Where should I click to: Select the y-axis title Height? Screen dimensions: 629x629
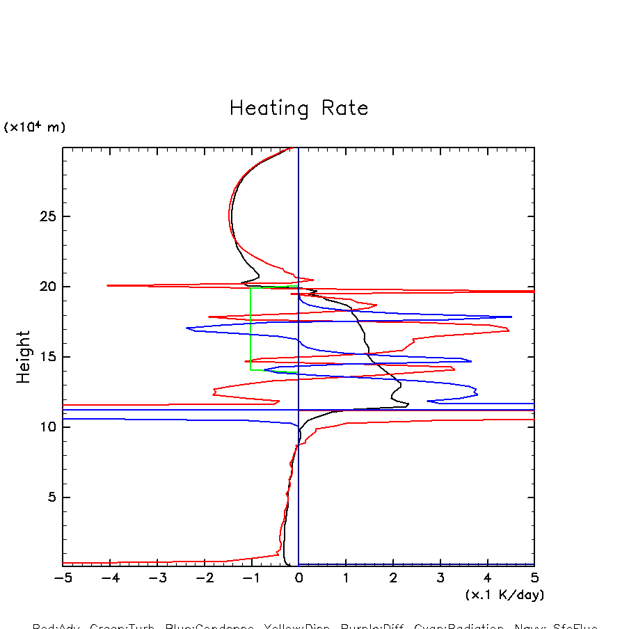(x=24, y=356)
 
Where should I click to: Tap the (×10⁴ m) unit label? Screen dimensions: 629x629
(x=35, y=127)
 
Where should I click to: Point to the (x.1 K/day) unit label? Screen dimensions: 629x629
(x=504, y=595)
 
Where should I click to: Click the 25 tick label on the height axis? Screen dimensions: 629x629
(x=47, y=216)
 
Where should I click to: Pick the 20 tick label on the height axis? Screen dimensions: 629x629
(x=47, y=287)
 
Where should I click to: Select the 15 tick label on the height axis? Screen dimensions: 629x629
(x=47, y=357)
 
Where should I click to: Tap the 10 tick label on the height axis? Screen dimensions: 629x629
(x=47, y=427)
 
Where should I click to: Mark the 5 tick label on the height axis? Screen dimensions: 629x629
(x=51, y=497)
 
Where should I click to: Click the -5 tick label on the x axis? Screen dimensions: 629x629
(x=63, y=578)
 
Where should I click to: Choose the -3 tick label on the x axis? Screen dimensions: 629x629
(x=157, y=578)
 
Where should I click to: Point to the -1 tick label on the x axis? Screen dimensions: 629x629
(x=251, y=578)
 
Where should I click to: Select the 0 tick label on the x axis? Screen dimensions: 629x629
(x=298, y=578)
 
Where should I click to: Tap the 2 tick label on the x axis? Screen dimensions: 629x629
(x=393, y=578)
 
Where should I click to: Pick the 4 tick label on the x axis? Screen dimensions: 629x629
(x=487, y=578)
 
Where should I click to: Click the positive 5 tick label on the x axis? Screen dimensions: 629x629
(x=534, y=578)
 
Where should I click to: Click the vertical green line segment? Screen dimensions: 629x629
(x=251, y=327)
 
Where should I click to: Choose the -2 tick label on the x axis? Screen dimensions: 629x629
(x=204, y=578)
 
